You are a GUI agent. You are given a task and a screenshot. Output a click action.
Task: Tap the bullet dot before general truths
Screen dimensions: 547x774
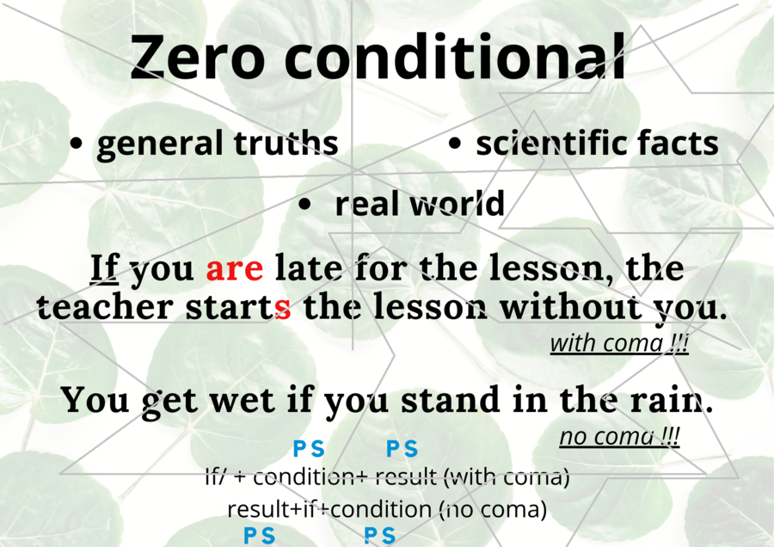pos(77,145)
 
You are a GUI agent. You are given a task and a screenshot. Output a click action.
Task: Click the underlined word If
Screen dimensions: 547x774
pos(104,269)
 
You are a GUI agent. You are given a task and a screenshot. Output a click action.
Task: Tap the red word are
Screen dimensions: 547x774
pos(235,269)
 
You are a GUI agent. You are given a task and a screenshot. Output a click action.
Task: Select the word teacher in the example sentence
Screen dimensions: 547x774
pos(91,308)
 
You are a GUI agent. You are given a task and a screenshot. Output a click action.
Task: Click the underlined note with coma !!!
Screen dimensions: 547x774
pos(619,344)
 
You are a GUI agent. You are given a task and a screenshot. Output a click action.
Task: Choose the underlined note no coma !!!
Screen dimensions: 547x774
pos(619,437)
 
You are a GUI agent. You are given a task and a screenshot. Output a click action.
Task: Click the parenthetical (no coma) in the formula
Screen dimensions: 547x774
pos(494,509)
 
